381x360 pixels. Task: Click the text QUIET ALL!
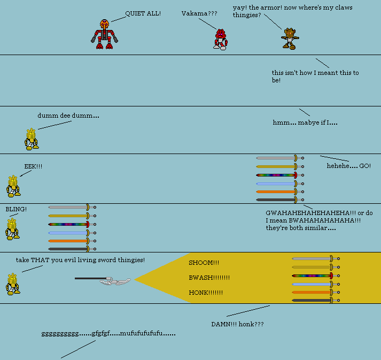(x=143, y=13)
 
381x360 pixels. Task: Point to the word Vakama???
(x=199, y=13)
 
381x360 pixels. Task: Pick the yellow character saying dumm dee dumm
(x=32, y=139)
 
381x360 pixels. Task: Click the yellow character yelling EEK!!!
(x=13, y=186)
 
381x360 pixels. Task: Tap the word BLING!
(x=16, y=209)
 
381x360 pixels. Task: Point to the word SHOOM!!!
(x=204, y=263)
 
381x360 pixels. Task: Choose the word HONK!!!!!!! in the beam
(x=205, y=293)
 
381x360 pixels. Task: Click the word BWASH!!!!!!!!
(x=209, y=278)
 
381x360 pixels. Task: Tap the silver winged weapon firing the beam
(x=114, y=280)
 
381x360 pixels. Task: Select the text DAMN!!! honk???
(x=237, y=324)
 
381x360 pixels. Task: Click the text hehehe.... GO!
(x=348, y=166)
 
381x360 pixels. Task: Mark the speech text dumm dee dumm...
(x=68, y=116)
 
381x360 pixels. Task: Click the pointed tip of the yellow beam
(x=136, y=279)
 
